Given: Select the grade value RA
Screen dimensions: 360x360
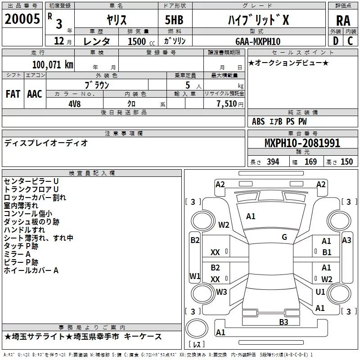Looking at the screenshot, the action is pos(343,20).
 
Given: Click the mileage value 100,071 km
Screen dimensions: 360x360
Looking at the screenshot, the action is pos(53,64).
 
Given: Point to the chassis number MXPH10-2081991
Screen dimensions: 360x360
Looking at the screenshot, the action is pos(302,143).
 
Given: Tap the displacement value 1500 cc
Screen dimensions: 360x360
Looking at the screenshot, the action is pos(137,41).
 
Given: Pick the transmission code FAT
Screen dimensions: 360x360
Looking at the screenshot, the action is pos(13,94).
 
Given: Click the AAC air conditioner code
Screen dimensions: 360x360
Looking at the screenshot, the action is pos(35,94).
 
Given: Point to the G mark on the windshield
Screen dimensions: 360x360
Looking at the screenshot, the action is pos(284,237).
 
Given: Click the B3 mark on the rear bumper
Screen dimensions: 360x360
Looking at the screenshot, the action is pos(283,322).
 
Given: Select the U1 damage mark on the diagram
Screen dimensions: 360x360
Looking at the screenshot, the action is pos(320,292).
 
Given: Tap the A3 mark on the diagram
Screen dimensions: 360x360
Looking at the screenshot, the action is pos(346,240).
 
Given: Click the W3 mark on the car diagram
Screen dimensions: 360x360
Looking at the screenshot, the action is pos(221,292).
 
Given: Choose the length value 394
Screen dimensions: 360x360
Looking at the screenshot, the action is pos(273,162).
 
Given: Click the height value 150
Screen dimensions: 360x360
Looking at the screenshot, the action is pos(346,162).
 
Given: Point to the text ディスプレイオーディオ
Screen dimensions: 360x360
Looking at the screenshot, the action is pos(46,143).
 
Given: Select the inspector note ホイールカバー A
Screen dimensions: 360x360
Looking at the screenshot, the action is pos(31,270).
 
